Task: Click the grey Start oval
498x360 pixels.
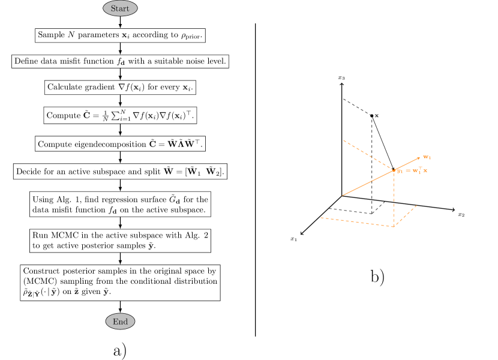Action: click(x=120, y=8)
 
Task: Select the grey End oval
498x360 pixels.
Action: click(x=120, y=322)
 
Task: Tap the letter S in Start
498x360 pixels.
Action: click(x=113, y=8)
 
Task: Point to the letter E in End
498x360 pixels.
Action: click(x=115, y=322)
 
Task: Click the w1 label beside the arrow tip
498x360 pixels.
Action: click(x=427, y=157)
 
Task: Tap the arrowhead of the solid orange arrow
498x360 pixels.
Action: click(x=418, y=158)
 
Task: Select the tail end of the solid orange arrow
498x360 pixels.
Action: click(x=343, y=195)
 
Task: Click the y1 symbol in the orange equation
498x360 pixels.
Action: click(x=400, y=171)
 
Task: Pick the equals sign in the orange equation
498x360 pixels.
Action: click(x=408, y=171)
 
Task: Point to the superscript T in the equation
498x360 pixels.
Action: click(x=420, y=168)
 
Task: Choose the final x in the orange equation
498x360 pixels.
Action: click(x=425, y=171)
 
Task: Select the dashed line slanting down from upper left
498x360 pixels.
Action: click(x=367, y=155)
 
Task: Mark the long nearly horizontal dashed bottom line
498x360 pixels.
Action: click(x=356, y=222)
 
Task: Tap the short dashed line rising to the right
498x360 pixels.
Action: click(x=406, y=216)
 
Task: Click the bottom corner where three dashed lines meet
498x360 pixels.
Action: click(x=394, y=227)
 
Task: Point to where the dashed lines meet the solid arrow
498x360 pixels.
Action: click(x=394, y=170)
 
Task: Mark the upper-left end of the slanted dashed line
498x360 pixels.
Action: click(x=343, y=140)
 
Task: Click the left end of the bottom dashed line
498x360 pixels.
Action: click(x=320, y=218)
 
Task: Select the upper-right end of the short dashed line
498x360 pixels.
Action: click(x=417, y=205)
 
